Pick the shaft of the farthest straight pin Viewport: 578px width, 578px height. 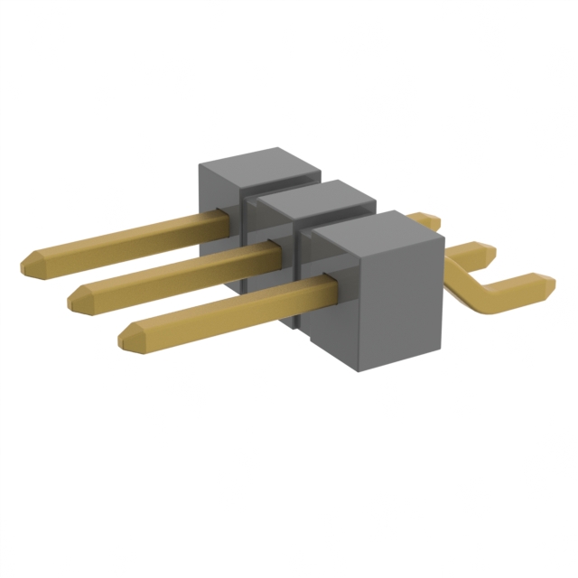(126, 237)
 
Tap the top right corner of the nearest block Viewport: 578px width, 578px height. (443, 237)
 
